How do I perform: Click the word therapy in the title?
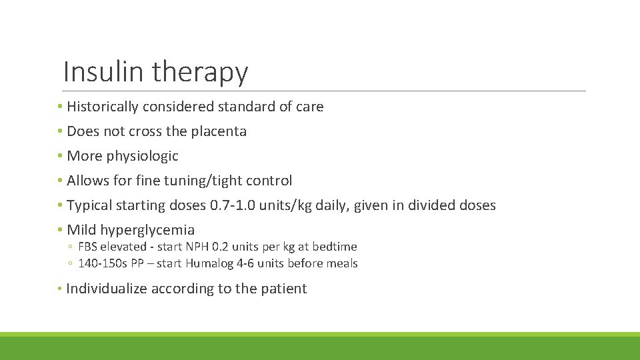pyautogui.click(x=200, y=73)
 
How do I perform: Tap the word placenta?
pyautogui.click(x=219, y=131)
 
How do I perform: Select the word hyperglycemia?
pyautogui.click(x=147, y=231)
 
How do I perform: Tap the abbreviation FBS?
pyautogui.click(x=89, y=247)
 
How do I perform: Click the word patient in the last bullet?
pyautogui.click(x=286, y=289)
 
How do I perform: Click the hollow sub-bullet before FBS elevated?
pyautogui.click(x=70, y=247)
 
